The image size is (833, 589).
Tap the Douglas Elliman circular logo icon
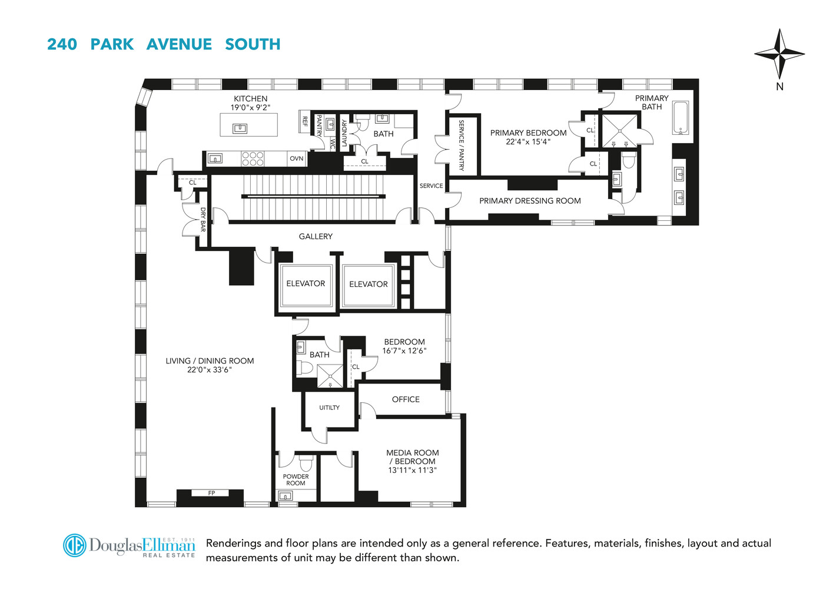(x=74, y=545)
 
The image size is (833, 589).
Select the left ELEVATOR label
(x=306, y=283)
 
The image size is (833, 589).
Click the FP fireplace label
(x=211, y=493)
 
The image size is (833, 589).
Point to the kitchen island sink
(x=240, y=128)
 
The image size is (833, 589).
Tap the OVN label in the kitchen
(x=296, y=158)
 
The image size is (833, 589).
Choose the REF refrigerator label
(x=305, y=121)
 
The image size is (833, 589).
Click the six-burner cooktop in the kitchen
(x=253, y=158)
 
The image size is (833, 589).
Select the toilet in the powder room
(x=306, y=464)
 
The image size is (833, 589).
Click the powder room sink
(x=286, y=495)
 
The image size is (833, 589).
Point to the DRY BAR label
(x=203, y=220)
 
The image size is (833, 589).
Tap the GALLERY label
(x=316, y=236)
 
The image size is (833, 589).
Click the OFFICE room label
(x=406, y=399)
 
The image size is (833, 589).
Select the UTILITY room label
(x=330, y=408)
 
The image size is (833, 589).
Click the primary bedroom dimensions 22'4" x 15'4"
(x=528, y=142)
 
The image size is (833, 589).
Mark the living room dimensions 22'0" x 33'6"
(x=210, y=369)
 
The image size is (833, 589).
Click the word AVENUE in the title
(x=179, y=44)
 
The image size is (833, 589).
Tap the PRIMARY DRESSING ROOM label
(x=530, y=201)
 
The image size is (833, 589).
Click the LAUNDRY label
(x=344, y=133)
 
